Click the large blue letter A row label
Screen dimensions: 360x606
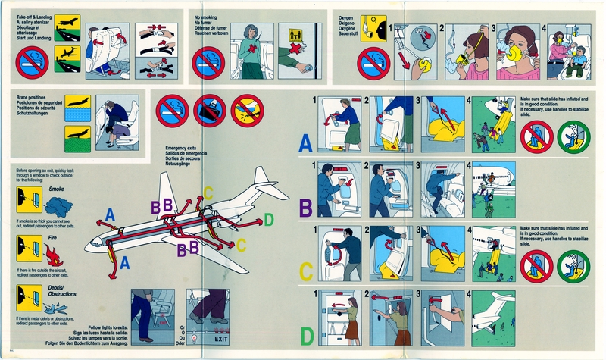pyautogui.click(x=305, y=141)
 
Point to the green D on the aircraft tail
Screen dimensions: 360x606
pyautogui.click(x=268, y=221)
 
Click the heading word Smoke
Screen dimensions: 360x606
pyautogui.click(x=56, y=188)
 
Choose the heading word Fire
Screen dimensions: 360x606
pyautogui.click(x=53, y=238)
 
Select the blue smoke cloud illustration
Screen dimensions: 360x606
pyautogui.click(x=60, y=205)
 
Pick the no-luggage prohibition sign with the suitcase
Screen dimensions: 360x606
pyautogui.click(x=208, y=111)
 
